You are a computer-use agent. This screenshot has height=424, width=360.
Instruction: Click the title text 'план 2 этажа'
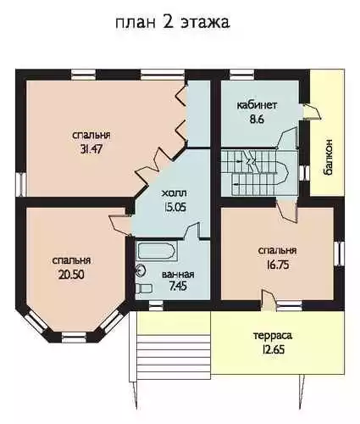[173, 23]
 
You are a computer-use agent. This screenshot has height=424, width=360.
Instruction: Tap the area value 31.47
[91, 149]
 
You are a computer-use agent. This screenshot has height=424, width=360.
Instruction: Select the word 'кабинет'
[257, 105]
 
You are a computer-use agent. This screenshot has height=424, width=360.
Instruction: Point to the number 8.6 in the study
[257, 119]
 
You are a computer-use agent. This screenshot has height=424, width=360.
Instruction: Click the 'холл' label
[174, 193]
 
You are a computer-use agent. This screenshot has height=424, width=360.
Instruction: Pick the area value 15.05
[174, 208]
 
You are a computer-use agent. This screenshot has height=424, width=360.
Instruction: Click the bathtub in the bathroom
[157, 251]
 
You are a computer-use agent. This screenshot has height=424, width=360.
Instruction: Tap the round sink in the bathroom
[141, 271]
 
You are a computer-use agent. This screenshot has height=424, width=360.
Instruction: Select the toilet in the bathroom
[144, 288]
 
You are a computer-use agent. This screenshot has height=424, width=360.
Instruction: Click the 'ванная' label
[178, 275]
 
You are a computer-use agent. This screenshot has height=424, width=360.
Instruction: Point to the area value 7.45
[178, 287]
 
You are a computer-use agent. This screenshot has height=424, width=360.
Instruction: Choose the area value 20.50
[71, 274]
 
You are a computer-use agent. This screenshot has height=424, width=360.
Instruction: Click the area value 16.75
[278, 265]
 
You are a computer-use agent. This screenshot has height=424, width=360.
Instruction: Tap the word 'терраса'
[273, 336]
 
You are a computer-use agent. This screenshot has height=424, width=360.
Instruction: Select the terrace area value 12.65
[273, 349]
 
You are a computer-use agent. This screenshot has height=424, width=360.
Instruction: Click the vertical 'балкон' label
[328, 158]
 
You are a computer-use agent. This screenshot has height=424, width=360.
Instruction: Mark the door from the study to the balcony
[312, 112]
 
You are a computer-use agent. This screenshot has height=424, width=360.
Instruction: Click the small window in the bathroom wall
[156, 305]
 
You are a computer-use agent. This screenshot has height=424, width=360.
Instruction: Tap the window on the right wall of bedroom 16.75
[339, 254]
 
